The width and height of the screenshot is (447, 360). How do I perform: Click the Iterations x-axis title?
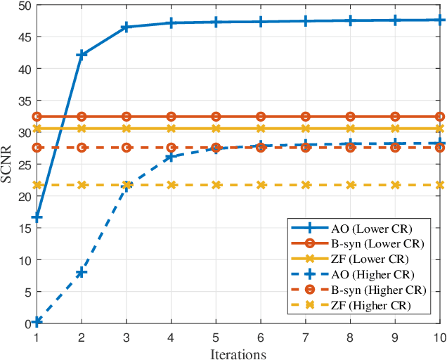pyautogui.click(x=238, y=354)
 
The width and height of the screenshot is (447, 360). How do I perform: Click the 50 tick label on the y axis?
pyautogui.click(x=24, y=5)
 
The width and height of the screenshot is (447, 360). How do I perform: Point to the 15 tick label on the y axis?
pyautogui.click(x=24, y=228)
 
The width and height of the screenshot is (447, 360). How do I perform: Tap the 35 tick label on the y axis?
pyautogui.click(x=24, y=101)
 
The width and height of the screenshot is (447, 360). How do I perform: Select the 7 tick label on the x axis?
pyautogui.click(x=306, y=337)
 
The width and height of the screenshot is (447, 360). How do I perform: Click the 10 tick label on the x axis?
pyautogui.click(x=439, y=337)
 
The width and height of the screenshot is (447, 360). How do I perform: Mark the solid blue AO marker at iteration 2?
pyautogui.click(x=82, y=54)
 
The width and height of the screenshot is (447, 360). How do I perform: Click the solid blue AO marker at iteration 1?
pyautogui.click(x=37, y=217)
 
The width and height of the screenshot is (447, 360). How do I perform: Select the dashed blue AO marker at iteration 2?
pyautogui.click(x=82, y=272)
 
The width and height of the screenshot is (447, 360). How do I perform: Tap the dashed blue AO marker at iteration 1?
pyautogui.click(x=37, y=321)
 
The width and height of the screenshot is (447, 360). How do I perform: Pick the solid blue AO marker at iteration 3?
pyautogui.click(x=127, y=27)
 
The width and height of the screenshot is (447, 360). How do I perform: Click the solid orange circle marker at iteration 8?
pyautogui.click(x=350, y=117)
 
